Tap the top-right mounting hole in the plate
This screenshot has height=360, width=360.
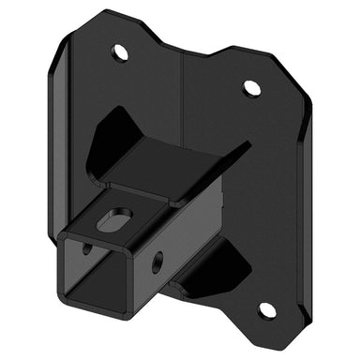point(251,88)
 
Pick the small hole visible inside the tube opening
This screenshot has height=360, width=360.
point(87,249)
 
